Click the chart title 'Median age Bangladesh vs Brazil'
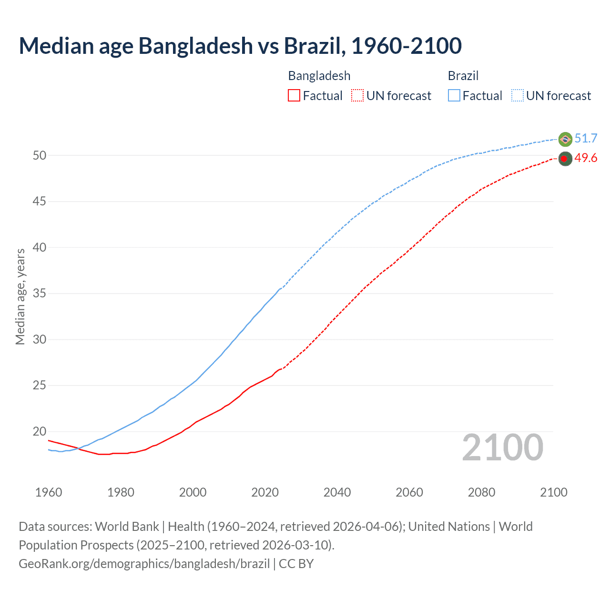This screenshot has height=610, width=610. [240, 46]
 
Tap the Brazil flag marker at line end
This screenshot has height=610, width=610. [565, 139]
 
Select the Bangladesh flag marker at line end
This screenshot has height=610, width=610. [565, 159]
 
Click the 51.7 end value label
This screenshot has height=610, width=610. [586, 139]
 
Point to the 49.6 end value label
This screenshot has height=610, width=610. [586, 158]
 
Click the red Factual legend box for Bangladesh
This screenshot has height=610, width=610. [294, 96]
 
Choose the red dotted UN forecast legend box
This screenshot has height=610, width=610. [357, 96]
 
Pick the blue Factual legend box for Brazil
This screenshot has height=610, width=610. [454, 96]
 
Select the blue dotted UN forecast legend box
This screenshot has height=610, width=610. [517, 96]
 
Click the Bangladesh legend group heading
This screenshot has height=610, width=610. [319, 76]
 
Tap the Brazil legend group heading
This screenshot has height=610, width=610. [463, 76]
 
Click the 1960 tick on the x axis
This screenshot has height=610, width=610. [49, 492]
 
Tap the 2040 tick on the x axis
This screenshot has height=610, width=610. [337, 492]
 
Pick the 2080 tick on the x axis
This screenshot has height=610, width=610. [481, 492]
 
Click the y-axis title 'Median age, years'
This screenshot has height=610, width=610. [20, 296]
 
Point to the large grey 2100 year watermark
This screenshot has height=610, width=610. [502, 447]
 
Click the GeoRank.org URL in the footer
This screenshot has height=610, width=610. [144, 564]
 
